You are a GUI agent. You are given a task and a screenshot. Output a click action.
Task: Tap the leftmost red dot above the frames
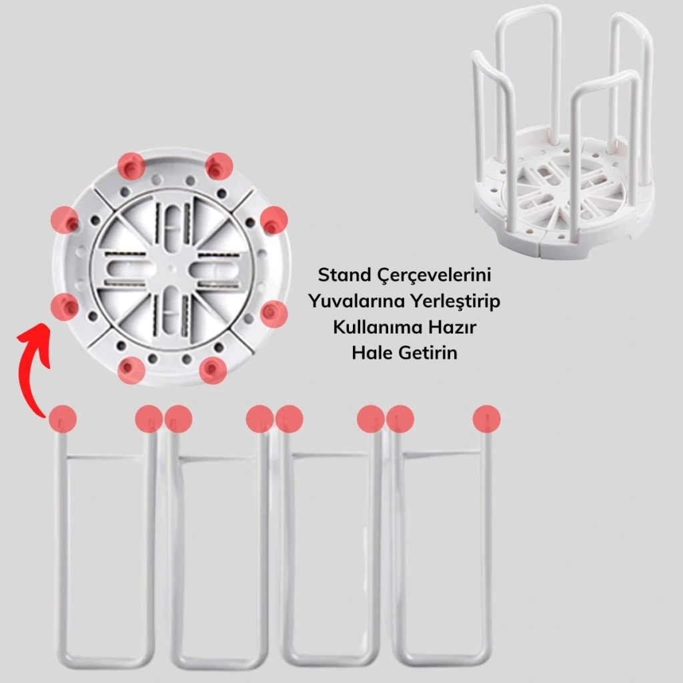63,419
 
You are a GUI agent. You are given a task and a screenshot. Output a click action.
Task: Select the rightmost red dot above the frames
486,419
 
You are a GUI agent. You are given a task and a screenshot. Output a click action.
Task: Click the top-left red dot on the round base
131,166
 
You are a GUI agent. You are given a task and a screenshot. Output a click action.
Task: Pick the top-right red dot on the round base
219,166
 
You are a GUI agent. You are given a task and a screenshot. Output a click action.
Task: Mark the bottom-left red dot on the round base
131,371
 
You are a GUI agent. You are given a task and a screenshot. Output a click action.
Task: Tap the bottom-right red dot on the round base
213,371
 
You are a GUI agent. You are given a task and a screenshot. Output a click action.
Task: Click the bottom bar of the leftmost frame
106,660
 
